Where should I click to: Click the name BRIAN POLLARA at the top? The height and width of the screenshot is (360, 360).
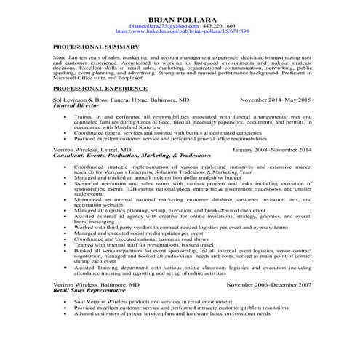pos(180,17)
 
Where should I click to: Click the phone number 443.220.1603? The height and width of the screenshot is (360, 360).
pos(207,25)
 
